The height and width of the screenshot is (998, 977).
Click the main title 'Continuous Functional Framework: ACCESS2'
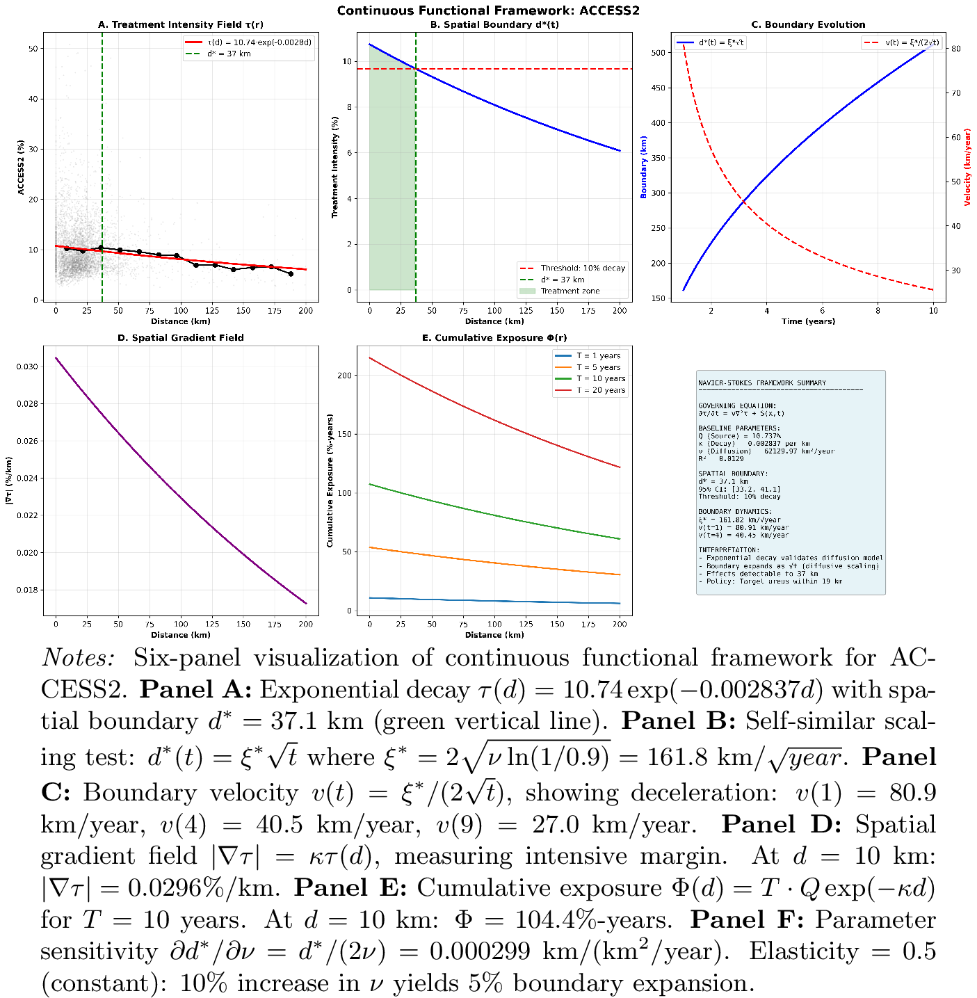[x=488, y=10]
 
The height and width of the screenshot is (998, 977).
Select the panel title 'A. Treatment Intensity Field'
[x=181, y=25]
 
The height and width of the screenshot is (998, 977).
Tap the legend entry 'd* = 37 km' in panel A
[x=229, y=54]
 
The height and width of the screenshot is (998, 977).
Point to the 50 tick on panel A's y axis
[x=33, y=49]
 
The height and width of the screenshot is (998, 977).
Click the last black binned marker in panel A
[x=291, y=274]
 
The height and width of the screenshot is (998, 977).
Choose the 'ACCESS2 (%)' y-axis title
[x=21, y=167]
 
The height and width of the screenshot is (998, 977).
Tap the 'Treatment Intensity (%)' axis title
[x=334, y=167]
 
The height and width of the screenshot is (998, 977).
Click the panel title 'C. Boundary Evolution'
[x=808, y=25]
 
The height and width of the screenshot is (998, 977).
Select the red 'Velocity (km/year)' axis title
[x=967, y=167]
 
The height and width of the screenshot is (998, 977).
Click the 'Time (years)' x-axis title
[x=808, y=321]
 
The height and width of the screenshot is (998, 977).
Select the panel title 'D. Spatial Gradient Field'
[x=181, y=338]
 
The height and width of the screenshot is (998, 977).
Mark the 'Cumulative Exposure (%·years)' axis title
[x=330, y=480]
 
